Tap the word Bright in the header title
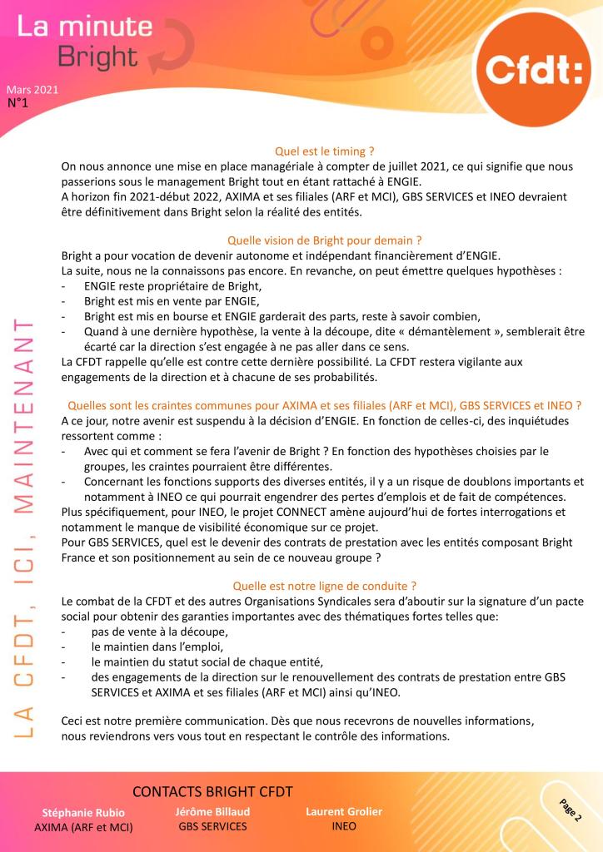click(x=97, y=56)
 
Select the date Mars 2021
click(x=32, y=90)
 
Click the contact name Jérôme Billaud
click(x=212, y=810)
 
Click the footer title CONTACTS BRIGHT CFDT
click(x=212, y=791)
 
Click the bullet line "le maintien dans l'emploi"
click(x=158, y=646)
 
